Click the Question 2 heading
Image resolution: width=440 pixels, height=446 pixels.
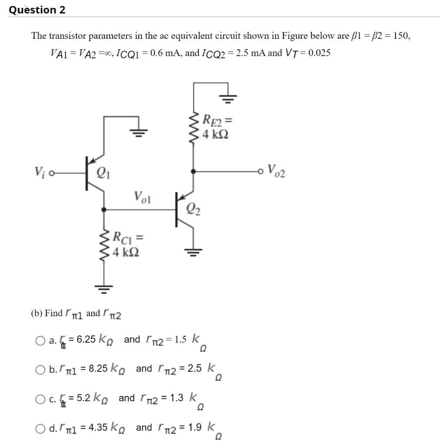coord(37,10)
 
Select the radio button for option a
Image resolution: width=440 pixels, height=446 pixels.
coord(40,340)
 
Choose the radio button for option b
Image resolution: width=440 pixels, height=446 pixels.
coord(40,369)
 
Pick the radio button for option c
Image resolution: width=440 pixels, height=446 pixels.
coord(40,399)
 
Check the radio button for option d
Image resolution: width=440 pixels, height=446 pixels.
coord(40,428)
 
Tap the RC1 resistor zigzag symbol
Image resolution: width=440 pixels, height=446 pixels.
coord(104,245)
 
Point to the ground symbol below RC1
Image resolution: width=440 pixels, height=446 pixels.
coord(104,287)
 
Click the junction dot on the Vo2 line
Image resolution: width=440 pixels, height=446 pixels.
coord(193,171)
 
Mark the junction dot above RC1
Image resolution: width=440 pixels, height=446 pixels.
coord(104,209)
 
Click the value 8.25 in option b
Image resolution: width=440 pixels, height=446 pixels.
coord(98,368)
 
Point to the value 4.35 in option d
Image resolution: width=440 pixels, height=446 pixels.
coord(98,427)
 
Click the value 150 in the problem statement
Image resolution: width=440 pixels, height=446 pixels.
coord(401,36)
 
